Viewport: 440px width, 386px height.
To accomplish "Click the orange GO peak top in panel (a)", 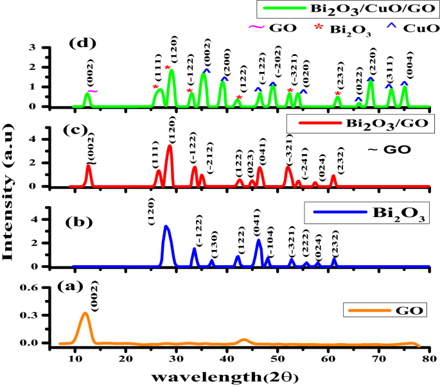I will click(85, 313).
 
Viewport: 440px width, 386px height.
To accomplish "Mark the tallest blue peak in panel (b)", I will click(166, 227).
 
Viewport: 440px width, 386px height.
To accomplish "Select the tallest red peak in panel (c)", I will click(170, 146).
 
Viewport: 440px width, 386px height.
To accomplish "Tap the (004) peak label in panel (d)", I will click(405, 69).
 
